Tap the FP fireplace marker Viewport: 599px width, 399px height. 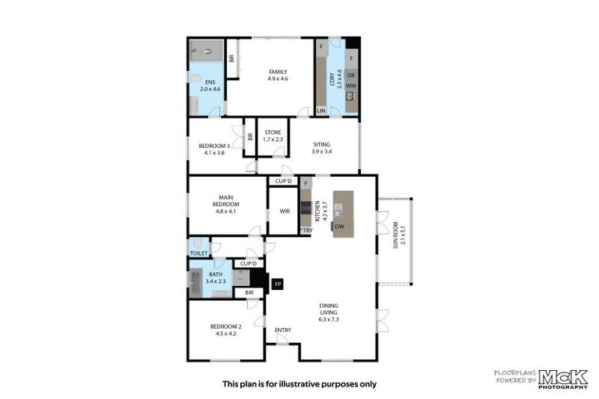[x=278, y=285]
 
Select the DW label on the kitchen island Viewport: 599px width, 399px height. [x=339, y=227]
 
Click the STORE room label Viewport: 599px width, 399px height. [x=273, y=132]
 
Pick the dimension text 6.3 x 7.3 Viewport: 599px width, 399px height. [x=328, y=319]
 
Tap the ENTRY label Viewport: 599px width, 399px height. [x=282, y=330]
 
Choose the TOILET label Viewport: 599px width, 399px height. [x=198, y=254]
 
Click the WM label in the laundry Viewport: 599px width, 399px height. [x=351, y=85]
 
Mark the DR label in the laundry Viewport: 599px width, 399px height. [x=352, y=75]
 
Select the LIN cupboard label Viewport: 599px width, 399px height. [x=321, y=111]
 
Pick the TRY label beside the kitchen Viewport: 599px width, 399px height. [x=307, y=230]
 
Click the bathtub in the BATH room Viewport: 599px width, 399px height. [x=195, y=283]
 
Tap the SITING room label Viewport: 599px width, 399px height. [x=321, y=145]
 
